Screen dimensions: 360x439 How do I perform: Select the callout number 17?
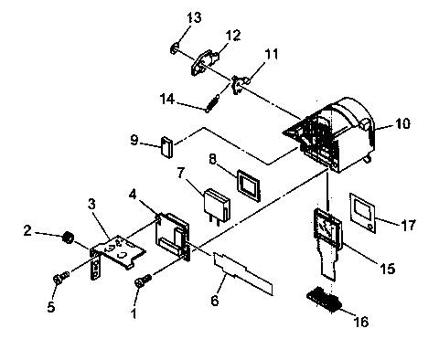click(409, 222)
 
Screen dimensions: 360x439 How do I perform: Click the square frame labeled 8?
click(247, 181)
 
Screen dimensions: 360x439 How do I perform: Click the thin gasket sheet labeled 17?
click(368, 209)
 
